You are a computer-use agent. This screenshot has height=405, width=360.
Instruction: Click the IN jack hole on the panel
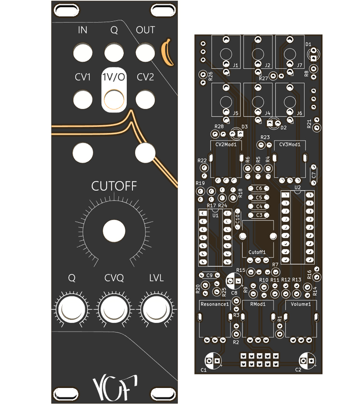point(82,52)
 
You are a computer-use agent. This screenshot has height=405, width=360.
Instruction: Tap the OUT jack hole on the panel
point(145,52)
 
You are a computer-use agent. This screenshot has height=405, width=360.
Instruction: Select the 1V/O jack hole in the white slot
point(113,99)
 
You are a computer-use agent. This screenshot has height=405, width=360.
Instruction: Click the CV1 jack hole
point(82,99)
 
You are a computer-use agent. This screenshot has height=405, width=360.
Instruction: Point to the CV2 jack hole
point(145,99)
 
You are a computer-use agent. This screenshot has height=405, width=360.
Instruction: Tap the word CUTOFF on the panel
point(113,186)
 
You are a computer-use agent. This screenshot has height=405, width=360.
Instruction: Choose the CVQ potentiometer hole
point(113,309)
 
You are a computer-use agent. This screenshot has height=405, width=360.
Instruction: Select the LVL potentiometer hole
point(156,309)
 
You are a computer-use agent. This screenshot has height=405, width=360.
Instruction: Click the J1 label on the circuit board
point(236,65)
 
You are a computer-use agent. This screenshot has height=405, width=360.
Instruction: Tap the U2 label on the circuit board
point(297,187)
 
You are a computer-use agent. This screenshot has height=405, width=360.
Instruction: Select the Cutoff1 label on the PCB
point(257,252)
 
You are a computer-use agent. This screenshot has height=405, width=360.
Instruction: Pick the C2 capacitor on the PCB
point(306,360)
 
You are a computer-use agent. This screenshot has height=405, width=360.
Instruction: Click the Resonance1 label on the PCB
point(214,304)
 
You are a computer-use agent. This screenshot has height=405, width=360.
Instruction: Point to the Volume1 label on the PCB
point(301,304)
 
